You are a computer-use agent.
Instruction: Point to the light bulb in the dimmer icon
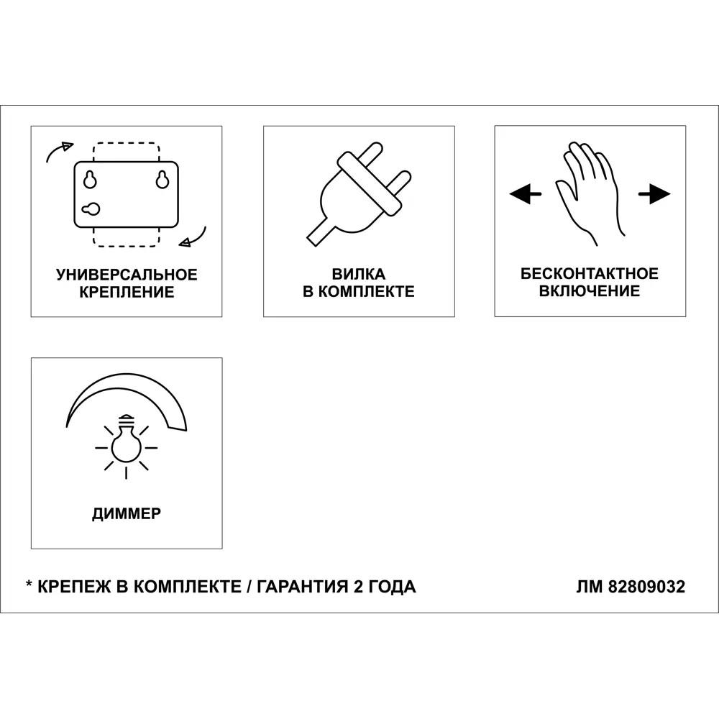pos(126,443)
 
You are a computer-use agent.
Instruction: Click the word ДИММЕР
pos(127,513)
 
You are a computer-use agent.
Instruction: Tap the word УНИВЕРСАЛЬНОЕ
pos(127,275)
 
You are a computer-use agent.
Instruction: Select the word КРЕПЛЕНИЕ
pos(127,292)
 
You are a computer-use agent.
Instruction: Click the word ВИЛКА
pos(358,275)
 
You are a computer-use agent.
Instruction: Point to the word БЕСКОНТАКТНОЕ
pos(590,274)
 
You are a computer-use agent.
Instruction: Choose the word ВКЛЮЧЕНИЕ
pos(590,291)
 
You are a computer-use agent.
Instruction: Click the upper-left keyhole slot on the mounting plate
pos(90,180)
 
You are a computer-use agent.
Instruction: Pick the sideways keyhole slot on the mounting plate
pos(91,209)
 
